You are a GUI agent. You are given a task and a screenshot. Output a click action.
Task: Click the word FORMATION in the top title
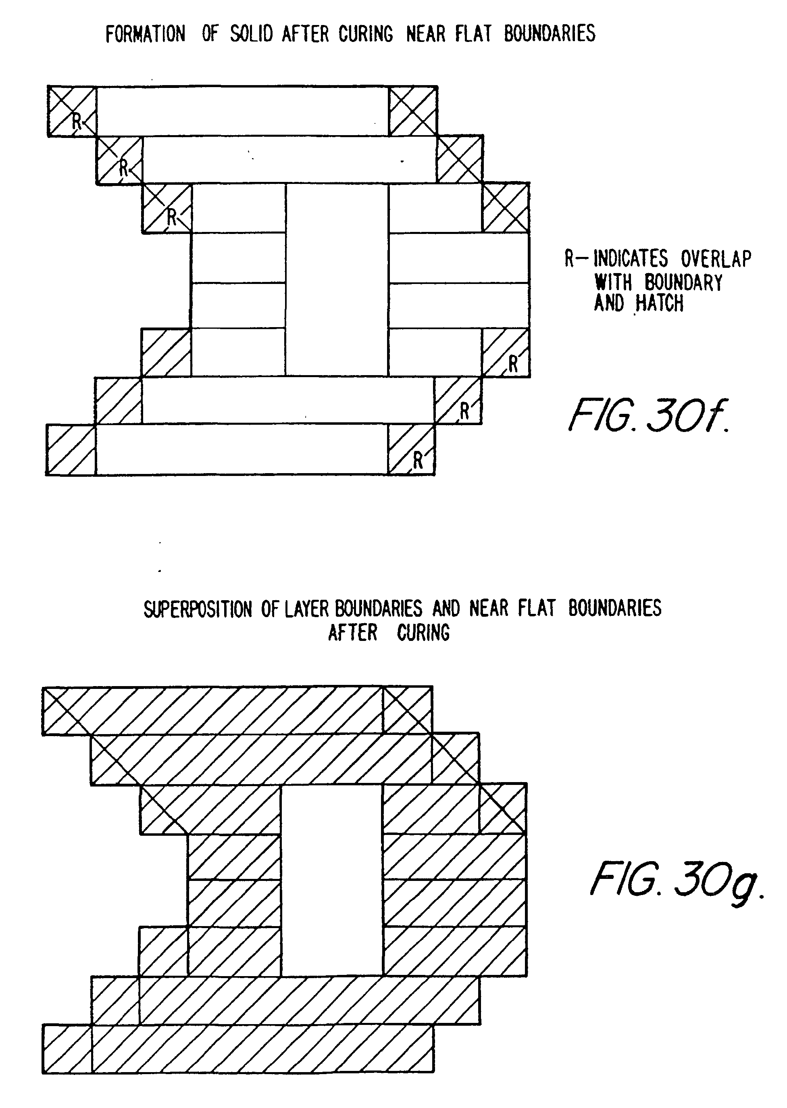pyautogui.click(x=146, y=34)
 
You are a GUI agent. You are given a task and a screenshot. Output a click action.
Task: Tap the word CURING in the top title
pyautogui.click(x=365, y=34)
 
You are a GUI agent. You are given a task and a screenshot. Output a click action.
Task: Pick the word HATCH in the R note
pyautogui.click(x=659, y=303)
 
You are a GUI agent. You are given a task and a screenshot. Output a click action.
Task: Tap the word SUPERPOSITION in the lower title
pyautogui.click(x=198, y=609)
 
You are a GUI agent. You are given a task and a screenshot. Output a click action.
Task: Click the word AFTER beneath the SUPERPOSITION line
pyautogui.click(x=352, y=633)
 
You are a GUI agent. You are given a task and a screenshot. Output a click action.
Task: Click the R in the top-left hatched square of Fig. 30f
pyautogui.click(x=77, y=121)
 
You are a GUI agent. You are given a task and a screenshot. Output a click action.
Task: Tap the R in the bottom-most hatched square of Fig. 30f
pyautogui.click(x=418, y=461)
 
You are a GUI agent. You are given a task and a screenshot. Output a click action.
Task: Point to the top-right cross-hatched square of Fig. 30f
pyautogui.click(x=413, y=111)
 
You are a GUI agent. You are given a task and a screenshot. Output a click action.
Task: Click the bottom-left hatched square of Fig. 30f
pyautogui.click(x=71, y=449)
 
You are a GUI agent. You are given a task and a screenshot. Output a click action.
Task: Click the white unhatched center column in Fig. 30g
pyautogui.click(x=331, y=881)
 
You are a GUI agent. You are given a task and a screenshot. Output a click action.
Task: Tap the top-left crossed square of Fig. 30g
pyautogui.click(x=67, y=711)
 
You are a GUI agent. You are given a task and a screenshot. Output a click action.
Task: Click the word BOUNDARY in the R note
pyautogui.click(x=683, y=282)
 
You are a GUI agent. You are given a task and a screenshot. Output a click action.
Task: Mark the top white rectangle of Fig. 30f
pyautogui.click(x=242, y=111)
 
